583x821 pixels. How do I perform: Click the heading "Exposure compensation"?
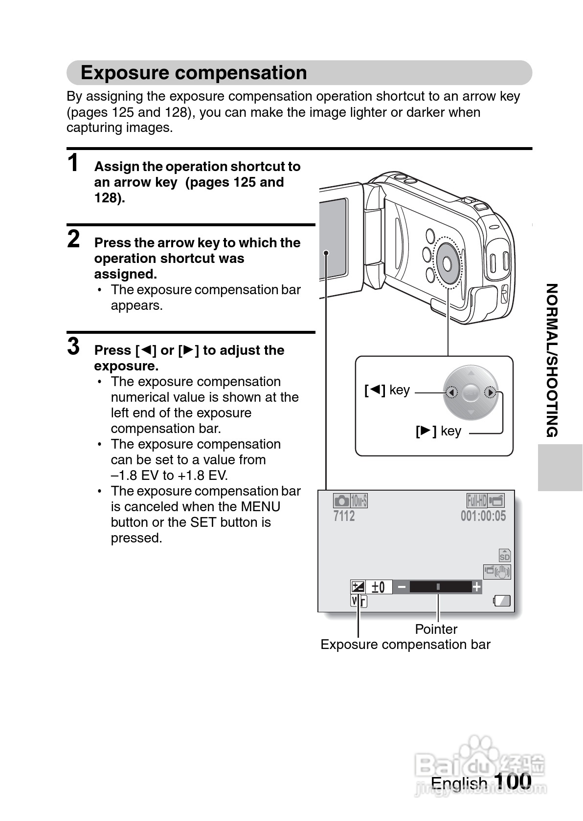pos(194,73)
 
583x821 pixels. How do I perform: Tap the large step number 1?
pos(73,163)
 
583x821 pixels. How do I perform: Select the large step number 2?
pos(73,239)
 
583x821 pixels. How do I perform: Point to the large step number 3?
pos(73,346)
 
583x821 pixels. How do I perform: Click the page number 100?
pos(513,781)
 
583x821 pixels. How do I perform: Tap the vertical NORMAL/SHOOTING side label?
pos(552,360)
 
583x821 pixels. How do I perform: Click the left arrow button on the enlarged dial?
pos(451,392)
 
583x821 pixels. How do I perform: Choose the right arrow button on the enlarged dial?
pos(490,392)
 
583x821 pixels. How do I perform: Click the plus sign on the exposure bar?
pos(476,587)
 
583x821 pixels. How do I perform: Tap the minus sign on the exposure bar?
pos(402,587)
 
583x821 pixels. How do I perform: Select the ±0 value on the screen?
pos(378,587)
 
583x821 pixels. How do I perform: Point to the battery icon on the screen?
pos(502,601)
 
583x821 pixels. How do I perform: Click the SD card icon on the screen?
pos(504,555)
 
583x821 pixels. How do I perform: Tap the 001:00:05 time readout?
pos(483,516)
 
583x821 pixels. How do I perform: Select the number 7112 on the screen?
pos(344,516)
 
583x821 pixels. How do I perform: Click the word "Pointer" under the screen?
pos(436,629)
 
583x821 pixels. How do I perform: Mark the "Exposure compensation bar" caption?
pos(405,645)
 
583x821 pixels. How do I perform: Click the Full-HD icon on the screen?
pos(476,500)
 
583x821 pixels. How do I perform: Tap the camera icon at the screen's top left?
pos(341,501)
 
